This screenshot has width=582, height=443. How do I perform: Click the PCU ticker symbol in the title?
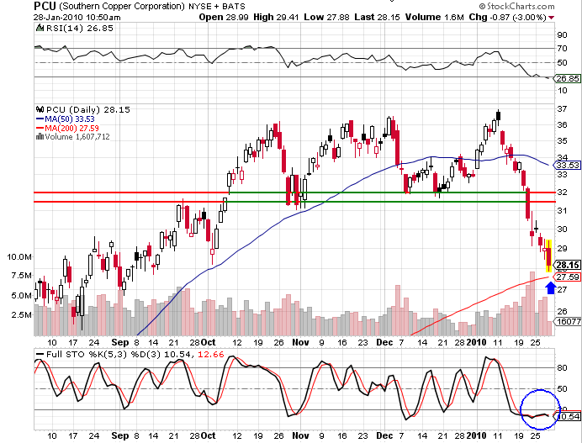(45, 6)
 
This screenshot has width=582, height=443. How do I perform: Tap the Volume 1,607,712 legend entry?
(71, 136)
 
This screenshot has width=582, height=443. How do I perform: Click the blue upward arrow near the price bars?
(550, 288)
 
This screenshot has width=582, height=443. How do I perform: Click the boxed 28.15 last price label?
(564, 264)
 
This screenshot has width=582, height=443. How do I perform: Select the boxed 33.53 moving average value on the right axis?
(564, 166)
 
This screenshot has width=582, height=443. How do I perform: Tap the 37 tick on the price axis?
(560, 108)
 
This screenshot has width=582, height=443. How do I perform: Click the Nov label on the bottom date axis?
(300, 343)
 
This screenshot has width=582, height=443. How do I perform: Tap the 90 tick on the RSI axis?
(560, 34)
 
